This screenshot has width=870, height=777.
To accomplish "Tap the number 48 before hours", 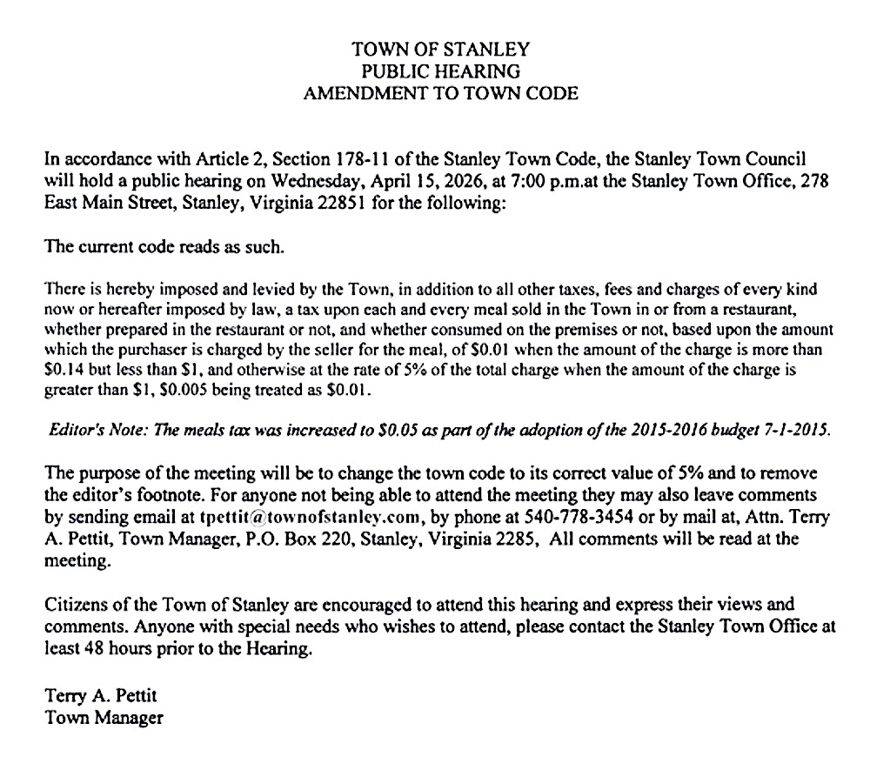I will point(94,647).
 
